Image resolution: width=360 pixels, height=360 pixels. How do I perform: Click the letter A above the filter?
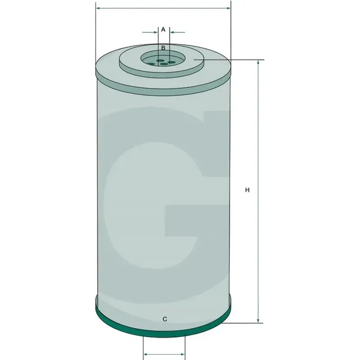tap(163, 30)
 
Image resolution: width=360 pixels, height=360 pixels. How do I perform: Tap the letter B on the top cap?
tap(163, 48)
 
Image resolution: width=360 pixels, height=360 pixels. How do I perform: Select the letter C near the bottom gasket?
tap(165, 319)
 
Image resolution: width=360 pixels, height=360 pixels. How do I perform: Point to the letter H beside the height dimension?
tap(247, 190)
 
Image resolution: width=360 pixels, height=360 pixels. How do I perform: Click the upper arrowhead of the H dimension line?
tap(258, 63)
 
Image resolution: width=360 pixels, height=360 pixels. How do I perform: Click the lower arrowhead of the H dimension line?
tap(258, 320)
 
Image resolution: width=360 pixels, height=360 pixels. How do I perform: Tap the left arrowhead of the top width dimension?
tap(99, 8)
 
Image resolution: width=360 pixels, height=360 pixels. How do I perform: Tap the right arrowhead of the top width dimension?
tap(228, 8)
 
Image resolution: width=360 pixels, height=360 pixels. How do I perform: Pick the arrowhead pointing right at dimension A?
tap(156, 32)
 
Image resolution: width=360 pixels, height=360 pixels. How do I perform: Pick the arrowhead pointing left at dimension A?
tap(172, 32)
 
